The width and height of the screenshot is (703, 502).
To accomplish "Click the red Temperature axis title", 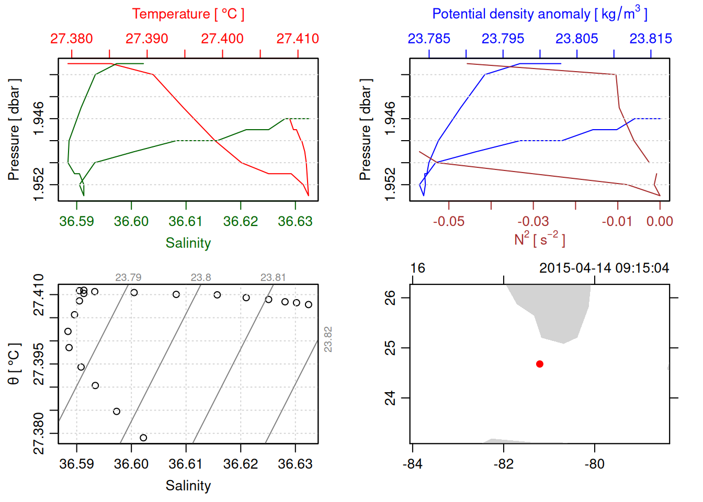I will [188, 14].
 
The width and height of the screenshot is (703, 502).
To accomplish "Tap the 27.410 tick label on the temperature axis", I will [298, 39].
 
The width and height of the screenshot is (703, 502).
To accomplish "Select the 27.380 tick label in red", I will [72, 39].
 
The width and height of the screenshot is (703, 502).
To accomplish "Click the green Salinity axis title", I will [188, 243].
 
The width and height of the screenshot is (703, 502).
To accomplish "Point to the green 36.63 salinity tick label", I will [295, 221].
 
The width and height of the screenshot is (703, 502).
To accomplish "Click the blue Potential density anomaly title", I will [539, 14].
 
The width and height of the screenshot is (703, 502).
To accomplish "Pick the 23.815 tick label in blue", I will [651, 39].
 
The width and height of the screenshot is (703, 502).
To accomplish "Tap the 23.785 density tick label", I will [429, 39].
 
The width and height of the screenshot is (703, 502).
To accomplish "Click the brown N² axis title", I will [539, 239].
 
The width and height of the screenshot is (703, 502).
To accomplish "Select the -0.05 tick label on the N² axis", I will [449, 221].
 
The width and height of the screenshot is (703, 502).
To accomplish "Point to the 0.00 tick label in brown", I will [660, 221].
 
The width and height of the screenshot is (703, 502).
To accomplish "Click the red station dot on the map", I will [540, 364].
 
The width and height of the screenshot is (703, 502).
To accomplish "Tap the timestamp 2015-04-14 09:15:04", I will [604, 268].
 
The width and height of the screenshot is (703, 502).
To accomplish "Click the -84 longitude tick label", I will [413, 464].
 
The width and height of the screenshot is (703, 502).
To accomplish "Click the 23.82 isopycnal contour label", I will [328, 339].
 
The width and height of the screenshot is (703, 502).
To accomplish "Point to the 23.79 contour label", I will [128, 278].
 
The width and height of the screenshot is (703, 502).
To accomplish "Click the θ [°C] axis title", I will [14, 364].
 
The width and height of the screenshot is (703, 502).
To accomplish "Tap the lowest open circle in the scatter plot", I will [143, 438].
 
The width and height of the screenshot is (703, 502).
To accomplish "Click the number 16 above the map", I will [418, 268].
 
